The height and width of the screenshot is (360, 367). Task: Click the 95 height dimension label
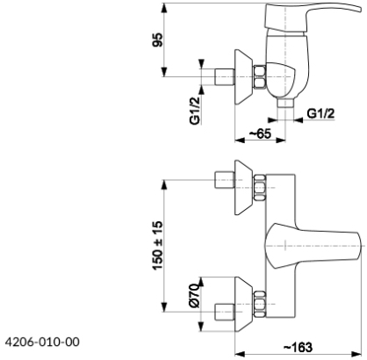click(x=157, y=40)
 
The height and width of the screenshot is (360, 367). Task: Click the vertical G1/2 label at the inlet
click(x=195, y=111)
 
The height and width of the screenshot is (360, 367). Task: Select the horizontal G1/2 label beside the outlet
click(x=320, y=113)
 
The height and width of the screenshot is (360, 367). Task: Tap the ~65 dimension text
click(x=260, y=133)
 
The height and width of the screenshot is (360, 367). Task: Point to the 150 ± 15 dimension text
click(x=157, y=246)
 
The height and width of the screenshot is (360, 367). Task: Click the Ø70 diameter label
click(x=195, y=296)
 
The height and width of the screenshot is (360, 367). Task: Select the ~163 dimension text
click(x=298, y=347)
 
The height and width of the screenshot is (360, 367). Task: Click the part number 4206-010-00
click(x=42, y=342)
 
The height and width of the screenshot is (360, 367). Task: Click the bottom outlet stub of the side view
click(x=285, y=103)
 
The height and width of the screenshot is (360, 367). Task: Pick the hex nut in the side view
click(x=260, y=77)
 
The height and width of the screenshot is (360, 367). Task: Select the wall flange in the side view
click(x=243, y=76)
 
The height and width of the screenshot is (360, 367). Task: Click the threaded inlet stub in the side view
click(x=225, y=77)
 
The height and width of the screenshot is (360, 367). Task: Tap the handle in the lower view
click(x=313, y=246)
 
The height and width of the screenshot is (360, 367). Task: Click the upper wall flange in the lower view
click(x=243, y=187)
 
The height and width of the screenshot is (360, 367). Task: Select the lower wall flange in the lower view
click(x=243, y=304)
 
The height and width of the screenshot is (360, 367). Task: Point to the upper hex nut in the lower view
click(x=260, y=188)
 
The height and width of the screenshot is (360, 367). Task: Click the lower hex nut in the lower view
click(x=260, y=304)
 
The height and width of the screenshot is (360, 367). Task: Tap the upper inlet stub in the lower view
click(x=225, y=180)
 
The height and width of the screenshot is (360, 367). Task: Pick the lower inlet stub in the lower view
click(x=225, y=312)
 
